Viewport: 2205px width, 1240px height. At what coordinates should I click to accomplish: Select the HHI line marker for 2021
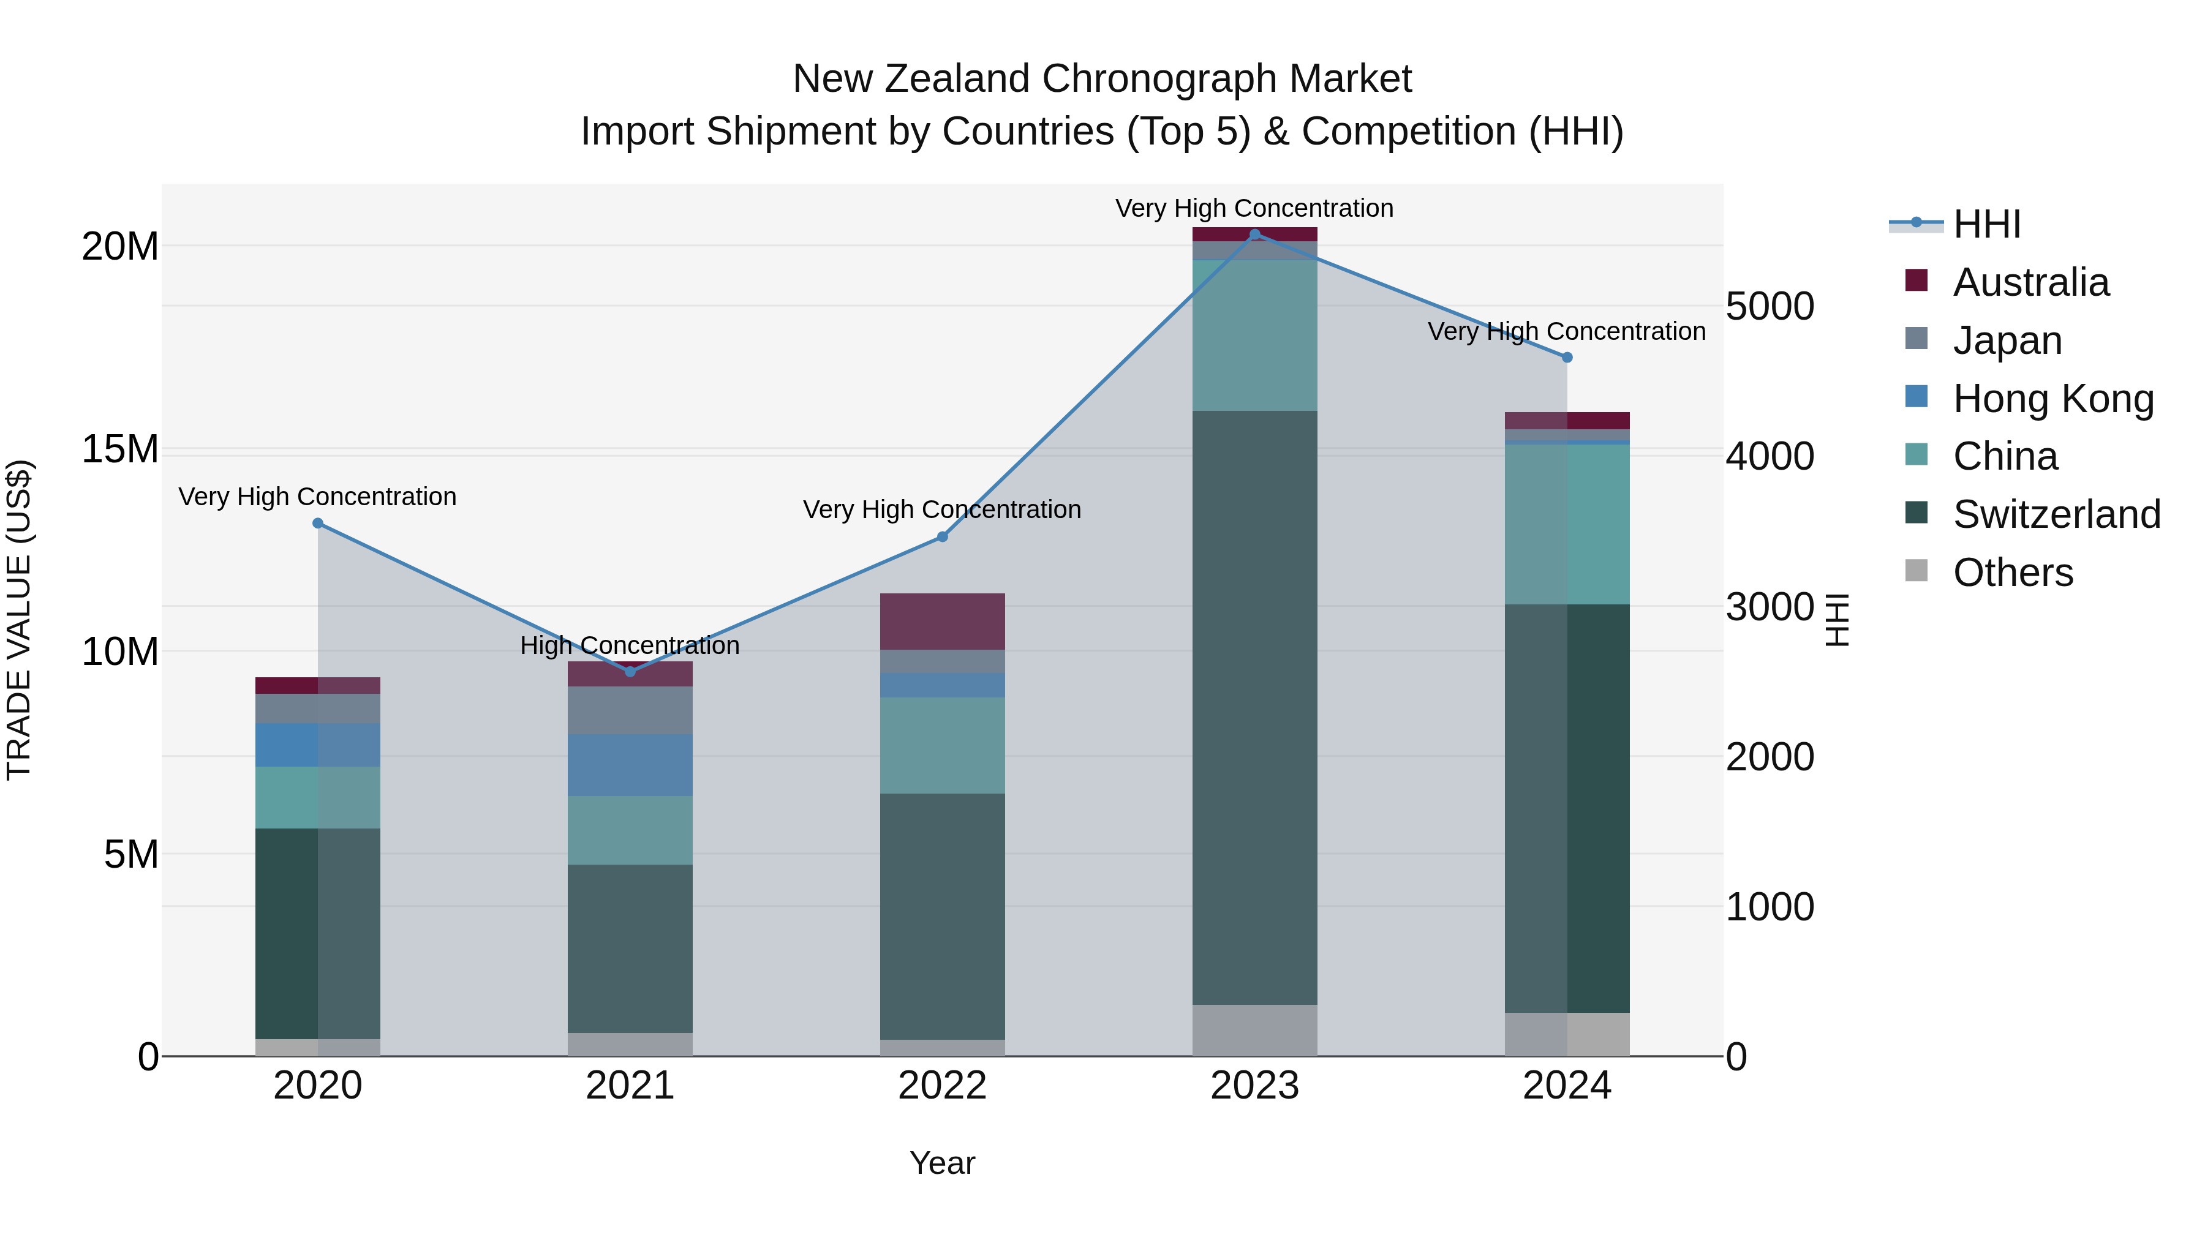point(630,672)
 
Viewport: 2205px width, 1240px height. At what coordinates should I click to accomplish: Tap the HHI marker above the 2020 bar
point(317,523)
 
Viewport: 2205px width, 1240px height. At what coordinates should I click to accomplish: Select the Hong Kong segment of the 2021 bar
point(630,765)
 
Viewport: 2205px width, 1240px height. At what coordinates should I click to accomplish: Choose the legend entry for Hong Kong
point(2052,399)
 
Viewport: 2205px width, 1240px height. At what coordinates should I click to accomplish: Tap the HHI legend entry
point(1986,224)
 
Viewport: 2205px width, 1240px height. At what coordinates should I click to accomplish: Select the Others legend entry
point(2011,573)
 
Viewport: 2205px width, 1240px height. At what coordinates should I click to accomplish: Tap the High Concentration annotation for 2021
point(630,645)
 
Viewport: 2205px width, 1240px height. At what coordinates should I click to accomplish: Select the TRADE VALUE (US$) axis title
point(19,620)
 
